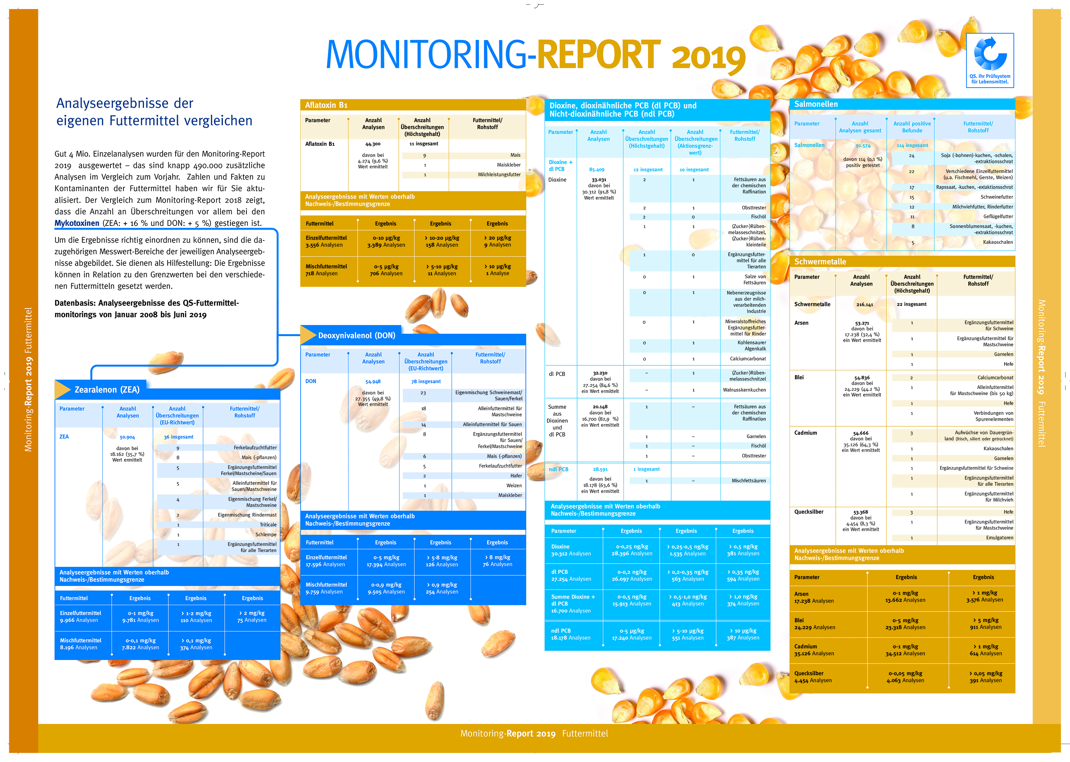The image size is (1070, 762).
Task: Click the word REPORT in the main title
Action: coord(598,55)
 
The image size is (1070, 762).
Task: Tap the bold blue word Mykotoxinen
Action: coord(77,223)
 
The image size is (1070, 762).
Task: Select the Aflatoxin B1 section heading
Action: coord(326,105)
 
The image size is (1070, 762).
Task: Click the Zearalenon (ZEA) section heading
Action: coord(107,389)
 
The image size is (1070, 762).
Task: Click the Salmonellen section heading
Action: coord(816,104)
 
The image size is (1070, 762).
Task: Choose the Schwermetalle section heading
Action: coord(820,262)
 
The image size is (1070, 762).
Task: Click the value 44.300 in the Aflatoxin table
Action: coord(373,144)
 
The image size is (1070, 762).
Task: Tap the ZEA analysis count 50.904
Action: coord(127,437)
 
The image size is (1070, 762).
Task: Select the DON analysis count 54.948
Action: coord(373,381)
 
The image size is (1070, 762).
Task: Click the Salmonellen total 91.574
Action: coord(863,146)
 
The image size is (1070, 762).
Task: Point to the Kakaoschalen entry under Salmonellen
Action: coord(998,242)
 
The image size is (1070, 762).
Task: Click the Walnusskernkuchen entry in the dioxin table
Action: coord(744,390)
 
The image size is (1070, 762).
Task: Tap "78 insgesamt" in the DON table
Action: coord(425,381)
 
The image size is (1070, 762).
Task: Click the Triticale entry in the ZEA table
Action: coord(268,525)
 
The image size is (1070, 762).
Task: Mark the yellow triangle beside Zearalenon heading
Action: coord(62,389)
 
